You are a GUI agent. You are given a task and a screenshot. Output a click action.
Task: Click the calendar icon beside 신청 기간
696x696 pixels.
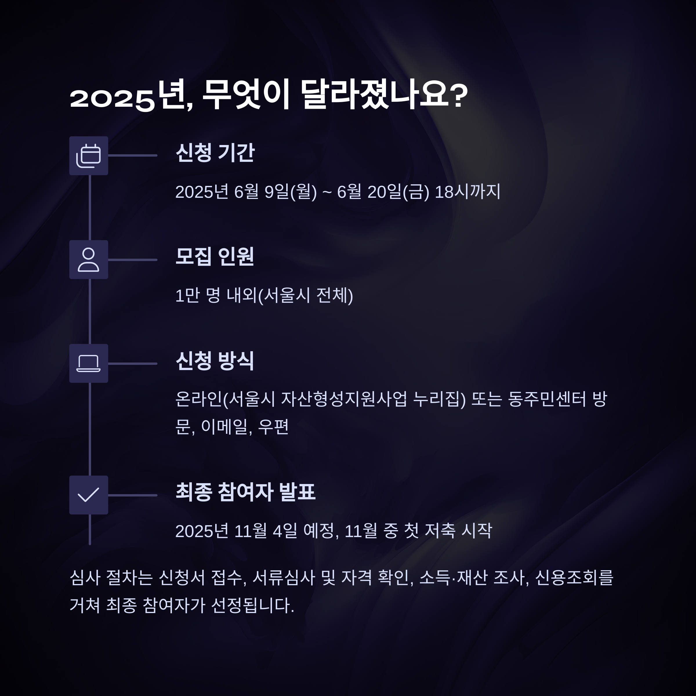coord(89,156)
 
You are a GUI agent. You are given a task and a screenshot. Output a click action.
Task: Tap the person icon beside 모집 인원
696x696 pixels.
coord(89,259)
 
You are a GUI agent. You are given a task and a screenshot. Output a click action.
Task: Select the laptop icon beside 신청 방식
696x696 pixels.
coord(89,363)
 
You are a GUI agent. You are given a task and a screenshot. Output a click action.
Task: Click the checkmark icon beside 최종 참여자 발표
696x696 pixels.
coord(89,495)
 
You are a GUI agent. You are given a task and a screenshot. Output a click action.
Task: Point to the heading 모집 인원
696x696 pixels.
coord(215,256)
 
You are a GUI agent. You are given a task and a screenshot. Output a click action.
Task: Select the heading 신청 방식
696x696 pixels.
coord(215,360)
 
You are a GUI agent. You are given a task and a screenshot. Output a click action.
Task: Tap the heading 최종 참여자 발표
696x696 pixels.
coord(245,492)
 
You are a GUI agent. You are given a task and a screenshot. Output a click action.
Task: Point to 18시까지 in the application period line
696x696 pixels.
coord(467,192)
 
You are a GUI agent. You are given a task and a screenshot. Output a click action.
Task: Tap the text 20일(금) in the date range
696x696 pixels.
coord(398,192)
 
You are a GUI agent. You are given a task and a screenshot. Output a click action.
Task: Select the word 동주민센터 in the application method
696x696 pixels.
coord(547,399)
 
